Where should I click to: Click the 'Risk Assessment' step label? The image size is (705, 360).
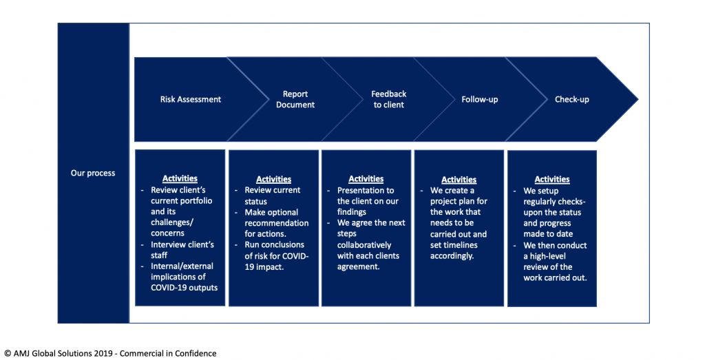coord(191,99)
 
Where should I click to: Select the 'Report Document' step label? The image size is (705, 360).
coord(295,99)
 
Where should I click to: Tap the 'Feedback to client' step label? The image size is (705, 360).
coord(388,99)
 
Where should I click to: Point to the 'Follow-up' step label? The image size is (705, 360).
coord(480,99)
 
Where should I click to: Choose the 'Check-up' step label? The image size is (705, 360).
coord(572,99)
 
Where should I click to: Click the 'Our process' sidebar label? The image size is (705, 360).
coord(93,173)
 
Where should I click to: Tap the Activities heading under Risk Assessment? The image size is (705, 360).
coord(180,178)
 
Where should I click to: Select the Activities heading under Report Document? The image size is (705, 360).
coord(274,180)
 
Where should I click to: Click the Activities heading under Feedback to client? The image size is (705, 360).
coord(366,179)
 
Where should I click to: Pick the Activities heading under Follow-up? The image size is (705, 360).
coord(459,180)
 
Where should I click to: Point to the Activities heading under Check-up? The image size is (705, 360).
coord(552,180)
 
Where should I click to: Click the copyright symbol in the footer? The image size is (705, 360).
coord(8,354)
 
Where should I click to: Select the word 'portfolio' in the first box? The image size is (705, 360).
coord(196,201)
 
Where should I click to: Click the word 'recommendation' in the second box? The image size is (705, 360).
coord(277,223)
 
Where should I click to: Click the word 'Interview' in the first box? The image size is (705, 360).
coord(167,244)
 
